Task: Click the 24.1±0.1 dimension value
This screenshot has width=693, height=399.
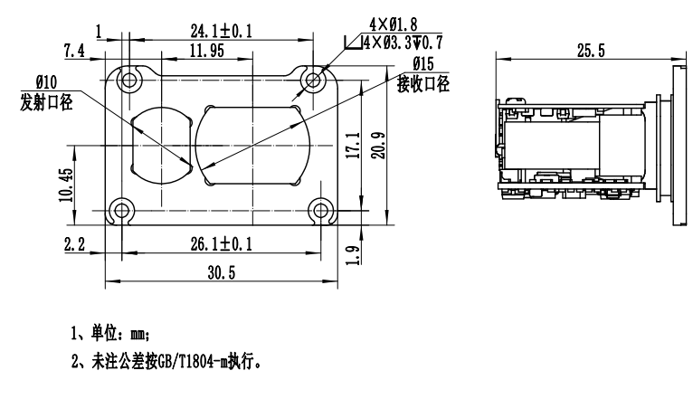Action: click(x=221, y=31)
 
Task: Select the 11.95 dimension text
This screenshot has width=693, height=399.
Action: click(x=206, y=51)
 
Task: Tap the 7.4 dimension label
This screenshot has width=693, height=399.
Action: click(x=74, y=51)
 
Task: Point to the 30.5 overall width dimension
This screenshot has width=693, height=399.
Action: click(x=222, y=272)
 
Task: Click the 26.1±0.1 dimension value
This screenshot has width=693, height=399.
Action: click(x=221, y=244)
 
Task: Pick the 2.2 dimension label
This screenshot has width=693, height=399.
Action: click(x=74, y=244)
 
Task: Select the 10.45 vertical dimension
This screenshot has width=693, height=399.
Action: click(x=66, y=185)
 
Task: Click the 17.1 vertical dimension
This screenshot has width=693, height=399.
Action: click(x=353, y=146)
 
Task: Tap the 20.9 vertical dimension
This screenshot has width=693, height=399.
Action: click(x=378, y=146)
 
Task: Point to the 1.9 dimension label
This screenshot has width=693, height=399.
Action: click(x=352, y=255)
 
